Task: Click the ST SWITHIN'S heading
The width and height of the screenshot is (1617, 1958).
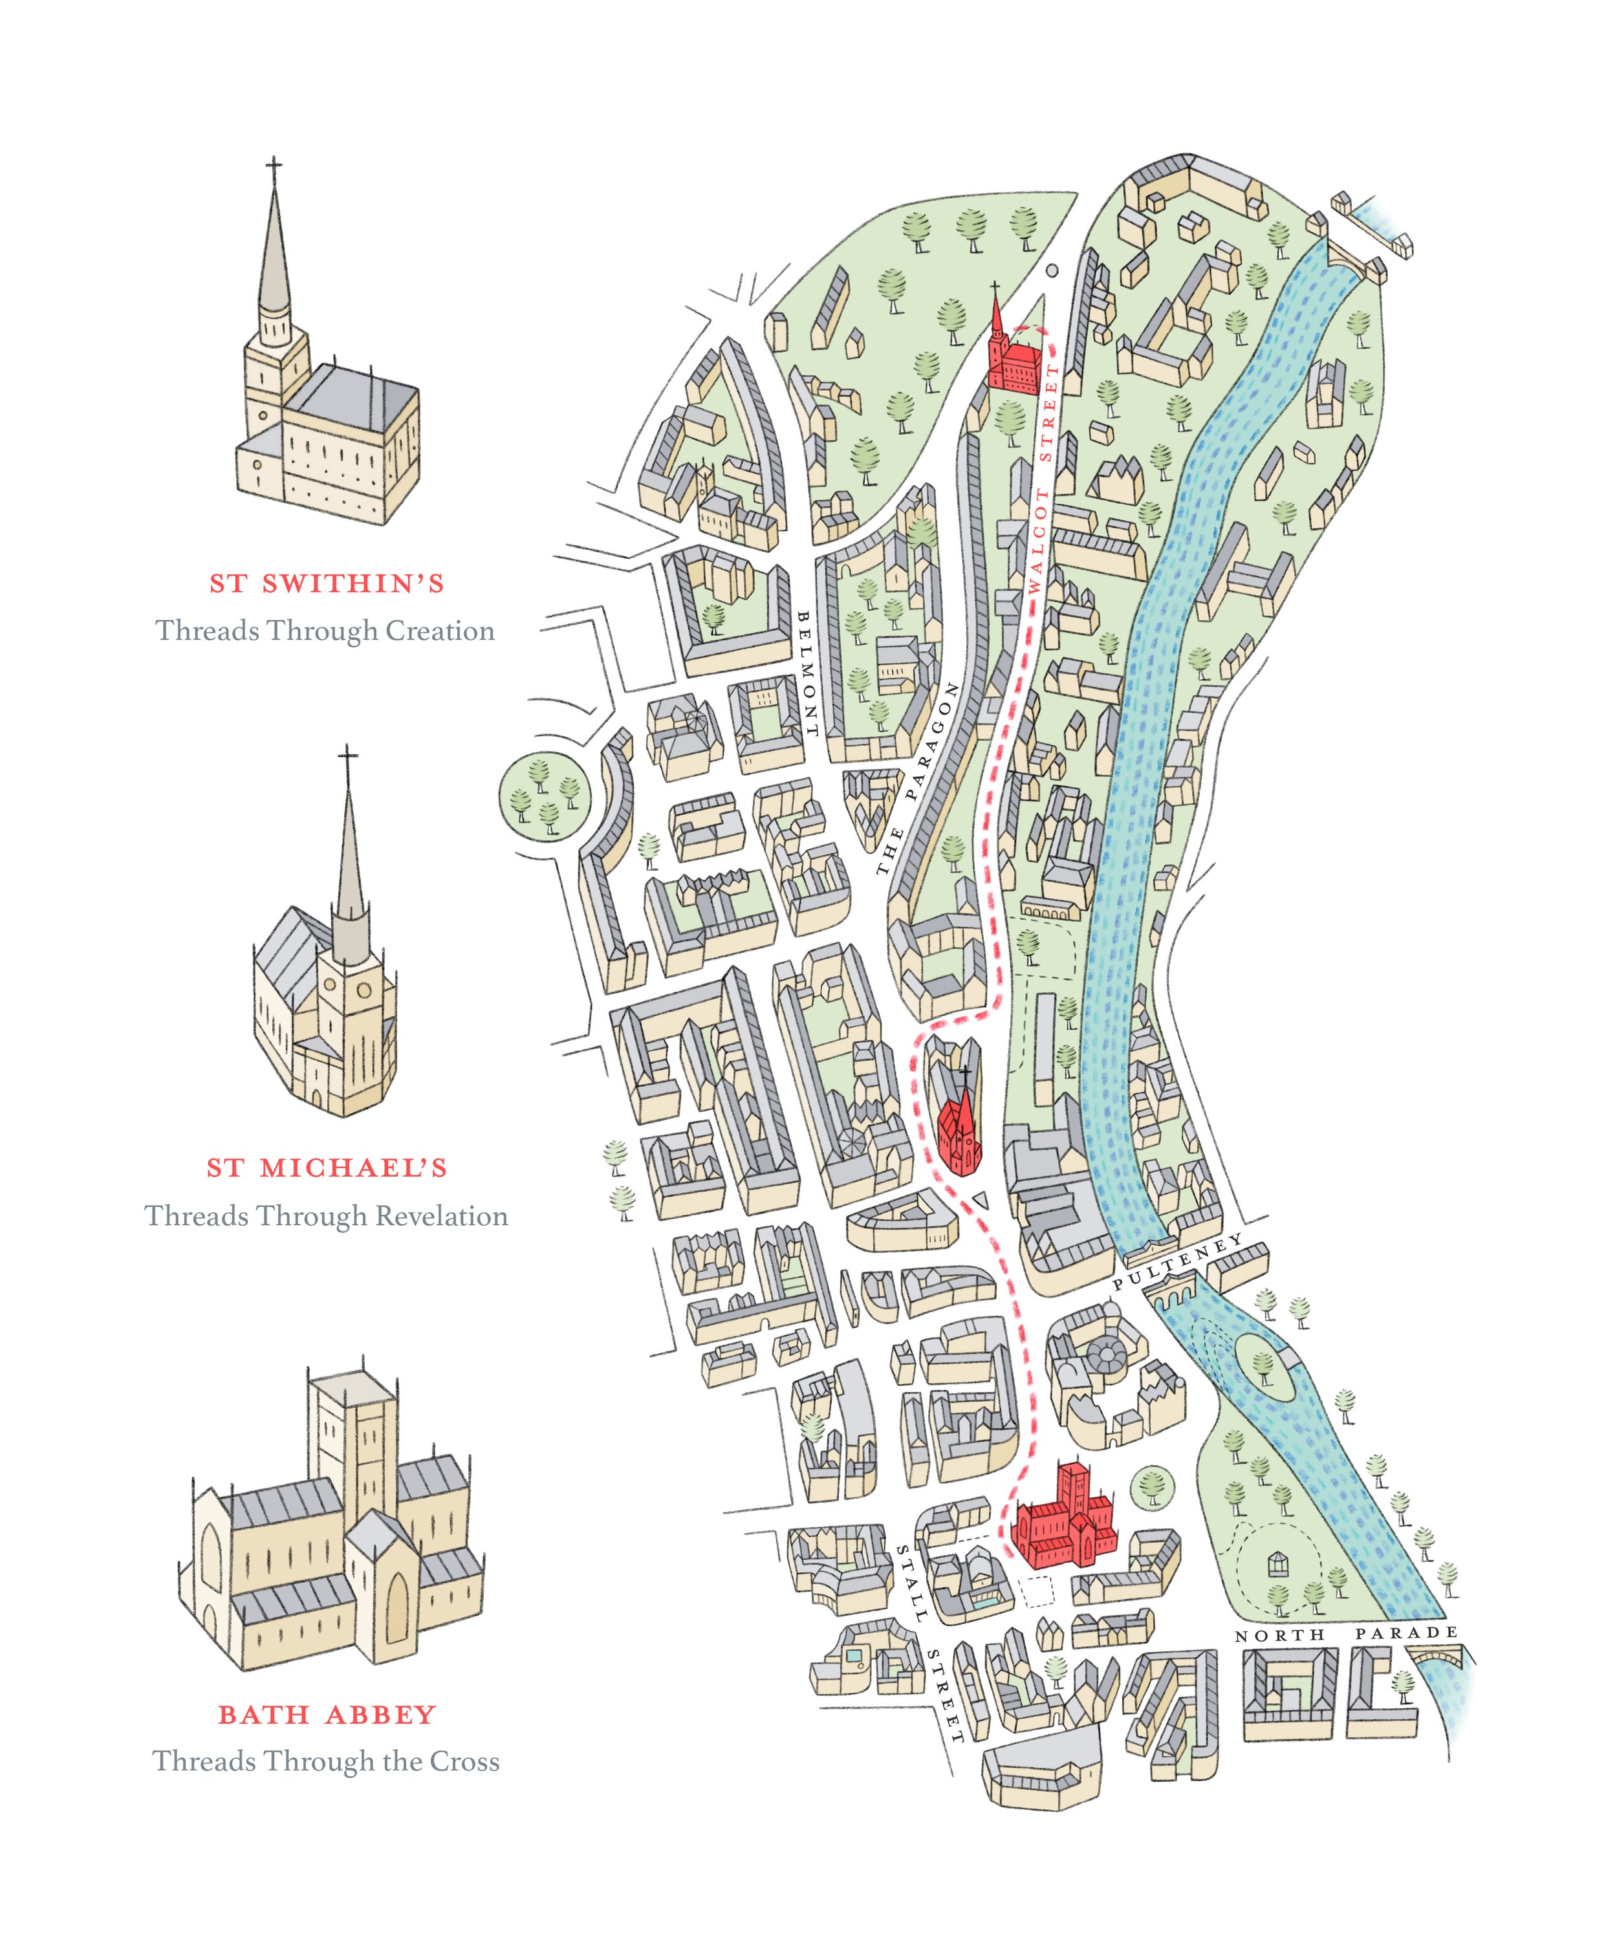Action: pyautogui.click(x=327, y=584)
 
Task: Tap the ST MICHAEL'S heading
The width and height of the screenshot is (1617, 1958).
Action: pyautogui.click(x=327, y=1168)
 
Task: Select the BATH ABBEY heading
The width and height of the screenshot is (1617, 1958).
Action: pyautogui.click(x=327, y=1715)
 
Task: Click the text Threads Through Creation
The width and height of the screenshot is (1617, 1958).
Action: pyautogui.click(x=325, y=631)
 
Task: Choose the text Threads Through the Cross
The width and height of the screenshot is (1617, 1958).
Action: pyautogui.click(x=326, y=1761)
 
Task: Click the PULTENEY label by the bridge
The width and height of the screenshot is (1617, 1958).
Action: pyautogui.click(x=1177, y=1261)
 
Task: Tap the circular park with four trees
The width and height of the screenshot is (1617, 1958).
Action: pyautogui.click(x=545, y=798)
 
